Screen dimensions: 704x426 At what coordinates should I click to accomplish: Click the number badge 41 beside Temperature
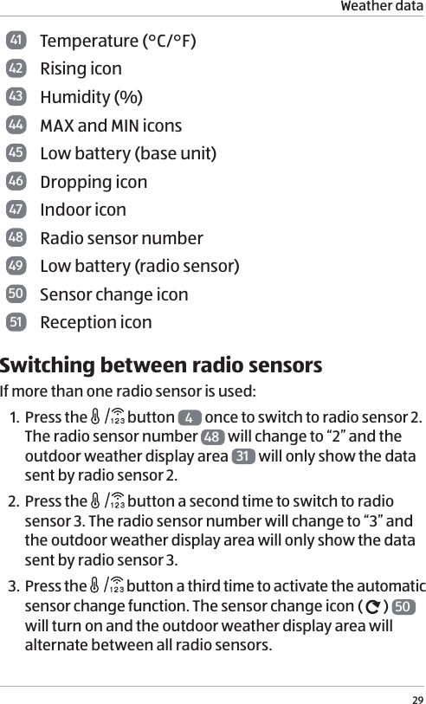pyautogui.click(x=16, y=41)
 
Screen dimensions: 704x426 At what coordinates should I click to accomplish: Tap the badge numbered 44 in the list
pyautogui.click(x=16, y=126)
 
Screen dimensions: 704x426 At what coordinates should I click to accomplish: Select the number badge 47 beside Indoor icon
pyautogui.click(x=16, y=210)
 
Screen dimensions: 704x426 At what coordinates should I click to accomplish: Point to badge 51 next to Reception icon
pyautogui.click(x=16, y=322)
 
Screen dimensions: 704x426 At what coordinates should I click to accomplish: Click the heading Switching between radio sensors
pyautogui.click(x=161, y=365)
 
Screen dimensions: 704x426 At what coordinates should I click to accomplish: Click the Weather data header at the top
pyautogui.click(x=382, y=7)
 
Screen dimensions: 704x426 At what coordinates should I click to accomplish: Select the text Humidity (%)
pyautogui.click(x=92, y=97)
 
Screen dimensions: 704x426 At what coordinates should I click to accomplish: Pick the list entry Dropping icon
pyautogui.click(x=94, y=182)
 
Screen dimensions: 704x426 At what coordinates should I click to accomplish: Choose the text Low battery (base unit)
pyautogui.click(x=128, y=153)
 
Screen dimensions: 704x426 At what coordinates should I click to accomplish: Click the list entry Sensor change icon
pyautogui.click(x=114, y=294)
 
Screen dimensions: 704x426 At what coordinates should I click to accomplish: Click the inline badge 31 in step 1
pyautogui.click(x=244, y=456)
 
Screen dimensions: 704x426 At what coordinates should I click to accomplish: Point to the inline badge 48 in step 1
pyautogui.click(x=213, y=437)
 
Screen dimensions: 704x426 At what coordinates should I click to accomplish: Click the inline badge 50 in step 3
pyautogui.click(x=403, y=606)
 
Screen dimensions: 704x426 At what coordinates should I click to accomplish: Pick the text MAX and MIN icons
pyautogui.click(x=111, y=126)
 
